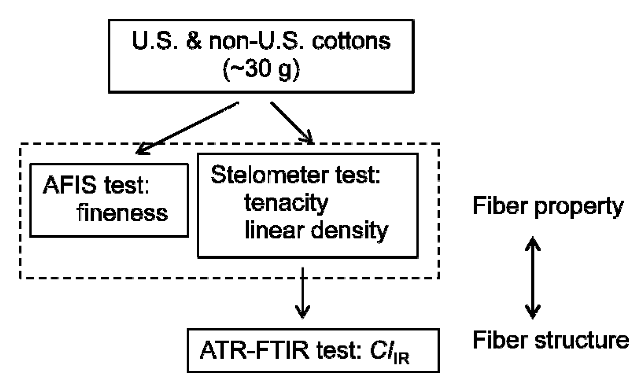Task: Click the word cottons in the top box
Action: click(x=351, y=41)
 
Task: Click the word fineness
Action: click(x=122, y=213)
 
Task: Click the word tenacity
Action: click(x=286, y=203)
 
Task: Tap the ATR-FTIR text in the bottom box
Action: click(x=254, y=350)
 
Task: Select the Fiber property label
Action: click(x=548, y=206)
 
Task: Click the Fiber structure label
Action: click(x=550, y=340)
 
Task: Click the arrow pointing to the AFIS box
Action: click(x=187, y=128)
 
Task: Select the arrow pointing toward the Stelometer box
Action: click(x=292, y=122)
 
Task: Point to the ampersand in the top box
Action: click(x=194, y=41)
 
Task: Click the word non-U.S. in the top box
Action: click(x=256, y=41)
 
